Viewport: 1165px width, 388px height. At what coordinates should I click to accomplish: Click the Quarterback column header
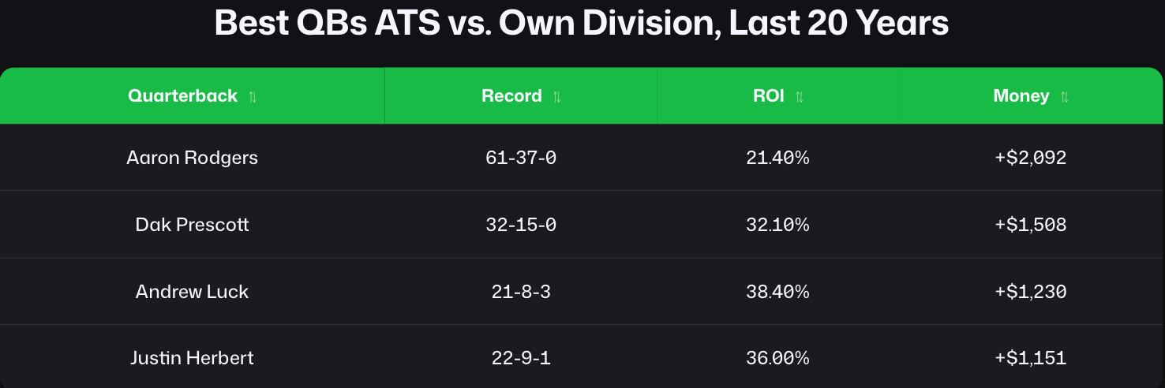click(x=182, y=96)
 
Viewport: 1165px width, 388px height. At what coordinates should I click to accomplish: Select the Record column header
click(x=511, y=96)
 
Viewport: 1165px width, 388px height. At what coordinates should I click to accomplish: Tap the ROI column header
click(x=768, y=96)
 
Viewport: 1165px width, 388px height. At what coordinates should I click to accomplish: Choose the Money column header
click(x=1021, y=96)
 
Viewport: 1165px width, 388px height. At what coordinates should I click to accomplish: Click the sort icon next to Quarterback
click(x=253, y=97)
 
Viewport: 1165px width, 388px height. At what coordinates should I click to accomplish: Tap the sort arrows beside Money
click(x=1065, y=97)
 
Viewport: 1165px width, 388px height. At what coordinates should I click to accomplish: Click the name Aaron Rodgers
click(x=192, y=158)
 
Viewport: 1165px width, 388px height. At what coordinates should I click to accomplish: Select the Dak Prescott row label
click(x=192, y=225)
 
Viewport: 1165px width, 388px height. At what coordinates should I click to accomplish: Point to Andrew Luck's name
click(x=192, y=291)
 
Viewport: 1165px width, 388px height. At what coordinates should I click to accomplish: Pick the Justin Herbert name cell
click(x=192, y=358)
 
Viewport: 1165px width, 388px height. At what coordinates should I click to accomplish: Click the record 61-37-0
click(x=521, y=158)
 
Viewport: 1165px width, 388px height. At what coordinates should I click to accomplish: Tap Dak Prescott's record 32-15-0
click(x=521, y=225)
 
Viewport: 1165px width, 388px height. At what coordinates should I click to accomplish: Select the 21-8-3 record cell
click(x=521, y=291)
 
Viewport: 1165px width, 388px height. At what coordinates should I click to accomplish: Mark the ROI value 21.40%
click(x=777, y=158)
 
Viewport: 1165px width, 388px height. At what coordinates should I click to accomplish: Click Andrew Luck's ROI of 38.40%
click(x=777, y=291)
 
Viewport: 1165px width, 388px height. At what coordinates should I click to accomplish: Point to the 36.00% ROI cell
click(x=777, y=358)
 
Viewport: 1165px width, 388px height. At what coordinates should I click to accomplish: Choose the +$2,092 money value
click(x=1030, y=158)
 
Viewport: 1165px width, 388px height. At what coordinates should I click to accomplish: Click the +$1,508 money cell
click(x=1030, y=225)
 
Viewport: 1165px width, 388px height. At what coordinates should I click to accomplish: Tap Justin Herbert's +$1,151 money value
click(x=1030, y=358)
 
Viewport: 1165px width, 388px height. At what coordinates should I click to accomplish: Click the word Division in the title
click(x=651, y=23)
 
